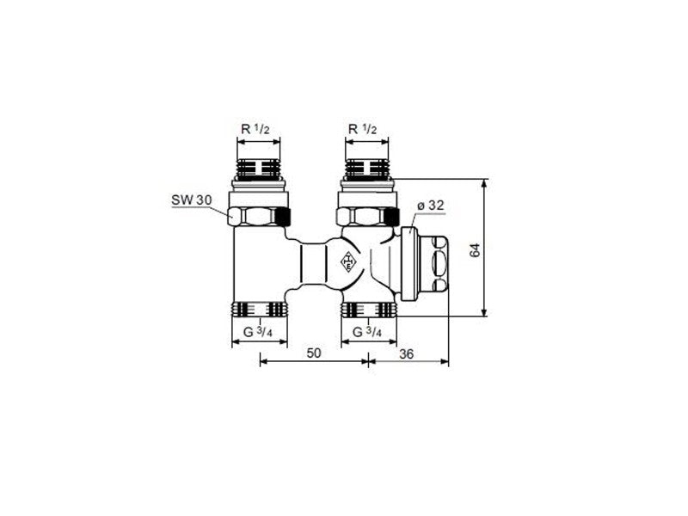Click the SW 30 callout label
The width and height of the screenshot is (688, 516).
(x=191, y=200)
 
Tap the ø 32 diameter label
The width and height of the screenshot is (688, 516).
(x=430, y=206)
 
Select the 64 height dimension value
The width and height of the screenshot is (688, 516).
(x=476, y=250)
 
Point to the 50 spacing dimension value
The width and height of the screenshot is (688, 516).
(x=314, y=353)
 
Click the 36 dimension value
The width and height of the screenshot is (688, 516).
(x=406, y=353)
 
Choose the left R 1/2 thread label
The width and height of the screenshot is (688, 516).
(x=255, y=129)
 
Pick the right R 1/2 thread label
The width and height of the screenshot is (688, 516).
(x=362, y=129)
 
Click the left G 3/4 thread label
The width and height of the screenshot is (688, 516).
(x=258, y=332)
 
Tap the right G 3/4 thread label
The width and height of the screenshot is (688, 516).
(x=367, y=332)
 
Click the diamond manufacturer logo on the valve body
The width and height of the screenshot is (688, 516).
(x=348, y=261)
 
